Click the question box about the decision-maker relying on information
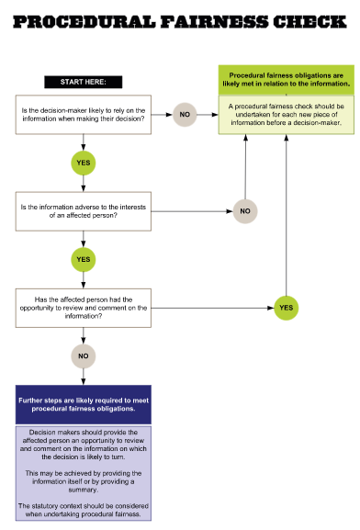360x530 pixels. pyautogui.click(x=84, y=113)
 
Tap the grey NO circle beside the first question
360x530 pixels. pyautogui.click(x=185, y=114)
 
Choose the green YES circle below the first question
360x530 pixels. pyautogui.click(x=84, y=162)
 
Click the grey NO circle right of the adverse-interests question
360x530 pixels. pyautogui.click(x=245, y=210)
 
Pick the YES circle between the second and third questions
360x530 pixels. pyautogui.click(x=84, y=259)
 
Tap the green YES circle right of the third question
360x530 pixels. pyautogui.click(x=286, y=307)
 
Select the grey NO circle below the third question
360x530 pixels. pyautogui.click(x=84, y=355)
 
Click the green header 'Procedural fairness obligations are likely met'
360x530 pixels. pyautogui.click(x=286, y=79)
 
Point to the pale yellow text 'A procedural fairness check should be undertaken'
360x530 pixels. pyautogui.click(x=286, y=115)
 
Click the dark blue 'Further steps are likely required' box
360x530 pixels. pyautogui.click(x=84, y=404)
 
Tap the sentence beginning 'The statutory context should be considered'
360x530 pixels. pyautogui.click(x=84, y=511)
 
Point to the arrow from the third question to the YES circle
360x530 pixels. pyautogui.click(x=211, y=307)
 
